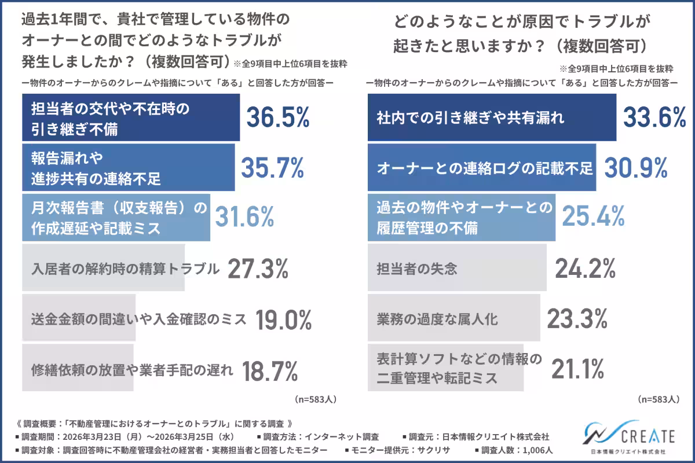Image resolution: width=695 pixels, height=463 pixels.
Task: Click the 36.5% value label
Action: [278, 117]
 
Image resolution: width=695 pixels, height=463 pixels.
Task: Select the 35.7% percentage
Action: [272, 168]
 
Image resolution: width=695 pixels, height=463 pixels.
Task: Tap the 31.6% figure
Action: [244, 218]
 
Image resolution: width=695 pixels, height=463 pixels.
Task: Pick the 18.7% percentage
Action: [269, 370]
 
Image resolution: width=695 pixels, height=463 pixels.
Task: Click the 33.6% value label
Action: [655, 117]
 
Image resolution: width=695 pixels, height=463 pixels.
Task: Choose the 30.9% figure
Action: [637, 168]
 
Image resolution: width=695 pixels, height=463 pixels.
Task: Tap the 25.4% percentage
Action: [594, 218]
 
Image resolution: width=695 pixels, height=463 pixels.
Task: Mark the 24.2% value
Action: [585, 269]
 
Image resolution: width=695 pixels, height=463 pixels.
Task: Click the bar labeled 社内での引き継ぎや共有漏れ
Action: [492, 117]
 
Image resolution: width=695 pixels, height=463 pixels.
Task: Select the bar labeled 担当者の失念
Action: [457, 269]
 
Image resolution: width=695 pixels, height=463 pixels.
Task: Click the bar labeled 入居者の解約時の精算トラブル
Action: [104, 269]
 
